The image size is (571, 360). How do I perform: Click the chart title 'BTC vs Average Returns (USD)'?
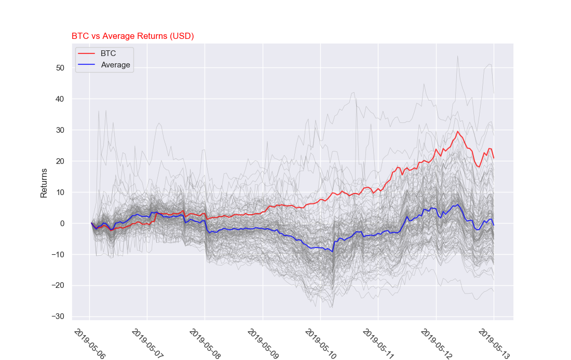coord(132,36)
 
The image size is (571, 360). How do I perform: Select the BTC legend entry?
coord(108,53)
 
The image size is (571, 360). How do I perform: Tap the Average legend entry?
coord(115,65)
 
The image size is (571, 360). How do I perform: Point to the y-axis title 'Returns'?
coord(44,183)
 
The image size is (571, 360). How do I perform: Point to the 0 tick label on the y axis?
coord(62,224)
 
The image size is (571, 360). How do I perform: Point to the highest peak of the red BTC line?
coord(458,131)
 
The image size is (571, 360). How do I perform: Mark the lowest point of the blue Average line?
coord(332,252)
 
